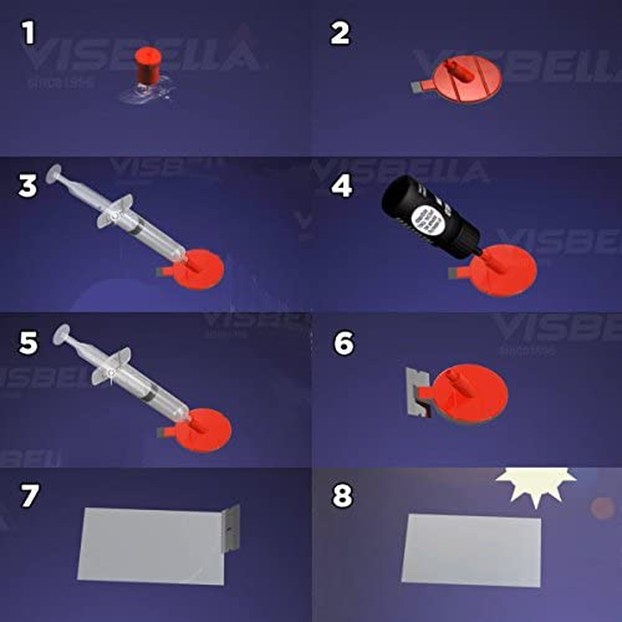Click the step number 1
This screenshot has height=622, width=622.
click(30, 33)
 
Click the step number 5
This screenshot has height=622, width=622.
click(30, 343)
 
